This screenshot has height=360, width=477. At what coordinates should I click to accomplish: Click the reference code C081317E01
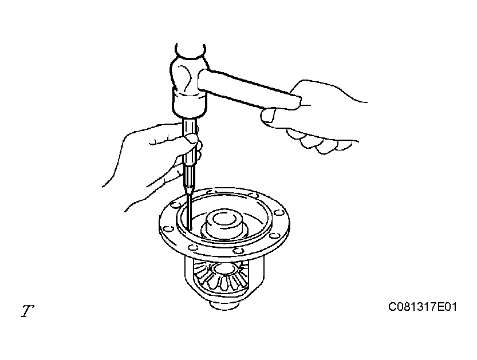coord(423,307)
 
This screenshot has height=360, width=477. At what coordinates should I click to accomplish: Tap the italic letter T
coord(27,311)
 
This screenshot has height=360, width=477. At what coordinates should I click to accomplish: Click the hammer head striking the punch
coord(188,81)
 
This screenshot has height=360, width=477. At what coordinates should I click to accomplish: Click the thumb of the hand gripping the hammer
coord(269,116)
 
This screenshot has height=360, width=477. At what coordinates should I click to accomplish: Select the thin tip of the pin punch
coord(189,212)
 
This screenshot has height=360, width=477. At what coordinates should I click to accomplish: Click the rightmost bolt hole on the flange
coord(278,212)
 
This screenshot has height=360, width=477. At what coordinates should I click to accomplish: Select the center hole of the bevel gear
coord(224,269)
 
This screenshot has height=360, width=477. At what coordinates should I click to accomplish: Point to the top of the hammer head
coord(191,50)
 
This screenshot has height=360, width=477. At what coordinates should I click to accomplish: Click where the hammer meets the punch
coord(189,118)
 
